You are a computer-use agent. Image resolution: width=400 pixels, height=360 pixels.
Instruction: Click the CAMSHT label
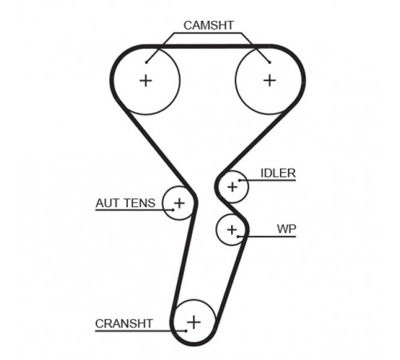[209, 26]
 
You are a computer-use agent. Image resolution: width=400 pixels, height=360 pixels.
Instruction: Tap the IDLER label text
[278, 174]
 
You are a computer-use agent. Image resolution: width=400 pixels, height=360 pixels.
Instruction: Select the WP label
[286, 229]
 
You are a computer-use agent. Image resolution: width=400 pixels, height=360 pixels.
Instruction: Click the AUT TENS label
[126, 203]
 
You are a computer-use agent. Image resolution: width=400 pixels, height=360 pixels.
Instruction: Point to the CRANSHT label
[124, 324]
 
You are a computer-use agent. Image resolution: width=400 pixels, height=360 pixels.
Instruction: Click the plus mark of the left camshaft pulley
[146, 81]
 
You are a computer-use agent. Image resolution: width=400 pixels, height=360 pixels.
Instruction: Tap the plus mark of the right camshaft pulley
[270, 80]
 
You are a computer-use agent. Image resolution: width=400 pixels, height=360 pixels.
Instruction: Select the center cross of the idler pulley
[233, 187]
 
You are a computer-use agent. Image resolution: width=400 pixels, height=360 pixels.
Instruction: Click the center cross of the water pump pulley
[232, 230]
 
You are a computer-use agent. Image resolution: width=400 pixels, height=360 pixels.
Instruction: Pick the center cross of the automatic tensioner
[179, 203]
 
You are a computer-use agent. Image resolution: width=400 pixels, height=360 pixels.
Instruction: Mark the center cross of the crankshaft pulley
[194, 322]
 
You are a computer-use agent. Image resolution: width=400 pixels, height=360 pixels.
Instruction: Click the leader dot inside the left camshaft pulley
[146, 62]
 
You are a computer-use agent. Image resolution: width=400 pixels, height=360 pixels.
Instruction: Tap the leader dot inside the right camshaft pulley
[270, 62]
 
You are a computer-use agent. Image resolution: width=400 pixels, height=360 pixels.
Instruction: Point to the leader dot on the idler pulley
[240, 181]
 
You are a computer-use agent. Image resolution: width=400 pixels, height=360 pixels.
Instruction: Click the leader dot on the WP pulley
[238, 236]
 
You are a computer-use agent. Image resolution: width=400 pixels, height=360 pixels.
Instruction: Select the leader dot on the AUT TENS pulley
[173, 210]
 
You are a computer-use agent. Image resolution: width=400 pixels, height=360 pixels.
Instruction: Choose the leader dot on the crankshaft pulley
[186, 331]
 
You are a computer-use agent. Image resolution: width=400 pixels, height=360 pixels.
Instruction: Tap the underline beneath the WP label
[267, 237]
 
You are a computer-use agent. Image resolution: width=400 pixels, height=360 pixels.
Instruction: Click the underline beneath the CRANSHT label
[141, 331]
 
